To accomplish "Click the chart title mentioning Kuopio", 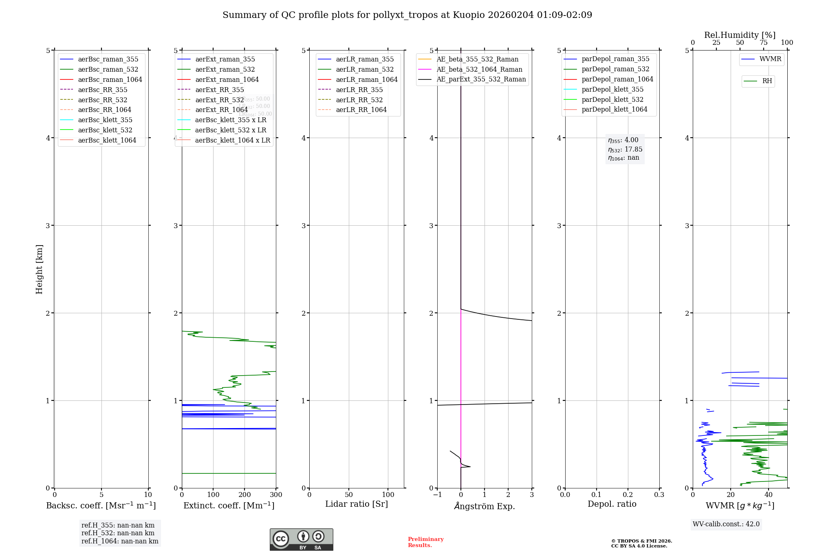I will click(x=407, y=15).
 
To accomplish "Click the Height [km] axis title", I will click(x=39, y=269).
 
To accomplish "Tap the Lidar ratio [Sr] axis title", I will click(x=357, y=504).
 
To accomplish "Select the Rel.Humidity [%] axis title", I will click(x=740, y=35).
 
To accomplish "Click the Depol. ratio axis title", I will click(x=612, y=504).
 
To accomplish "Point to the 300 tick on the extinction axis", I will click(x=276, y=495).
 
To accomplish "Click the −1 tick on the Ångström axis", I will click(x=437, y=495).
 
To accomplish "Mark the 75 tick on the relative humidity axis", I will click(x=764, y=43).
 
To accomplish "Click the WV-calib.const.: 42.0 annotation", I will click(x=726, y=524).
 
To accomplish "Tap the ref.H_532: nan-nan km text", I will click(x=118, y=533).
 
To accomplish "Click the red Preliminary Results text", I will click(x=425, y=542).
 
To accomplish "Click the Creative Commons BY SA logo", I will click(x=301, y=539).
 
